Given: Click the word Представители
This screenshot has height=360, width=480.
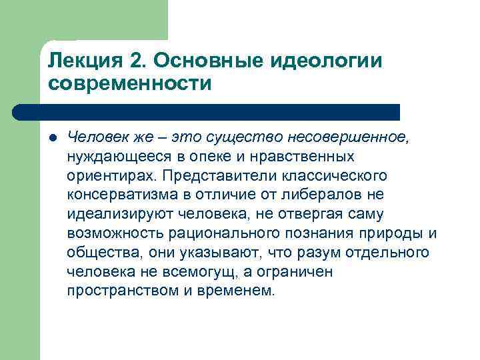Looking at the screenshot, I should coord(214,176).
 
